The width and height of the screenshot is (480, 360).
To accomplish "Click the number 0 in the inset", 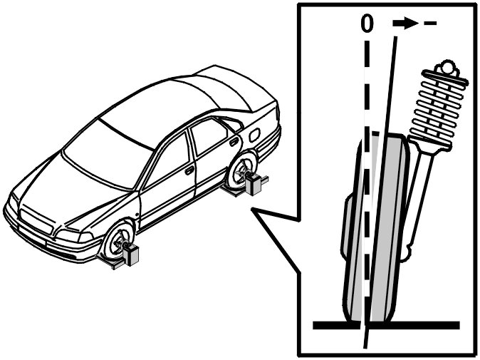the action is point(367,23).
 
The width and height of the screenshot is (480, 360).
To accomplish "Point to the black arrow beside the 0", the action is point(405,24).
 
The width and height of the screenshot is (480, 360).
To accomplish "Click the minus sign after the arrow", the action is point(429,24).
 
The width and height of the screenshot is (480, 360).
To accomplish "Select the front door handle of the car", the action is point(189,170).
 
